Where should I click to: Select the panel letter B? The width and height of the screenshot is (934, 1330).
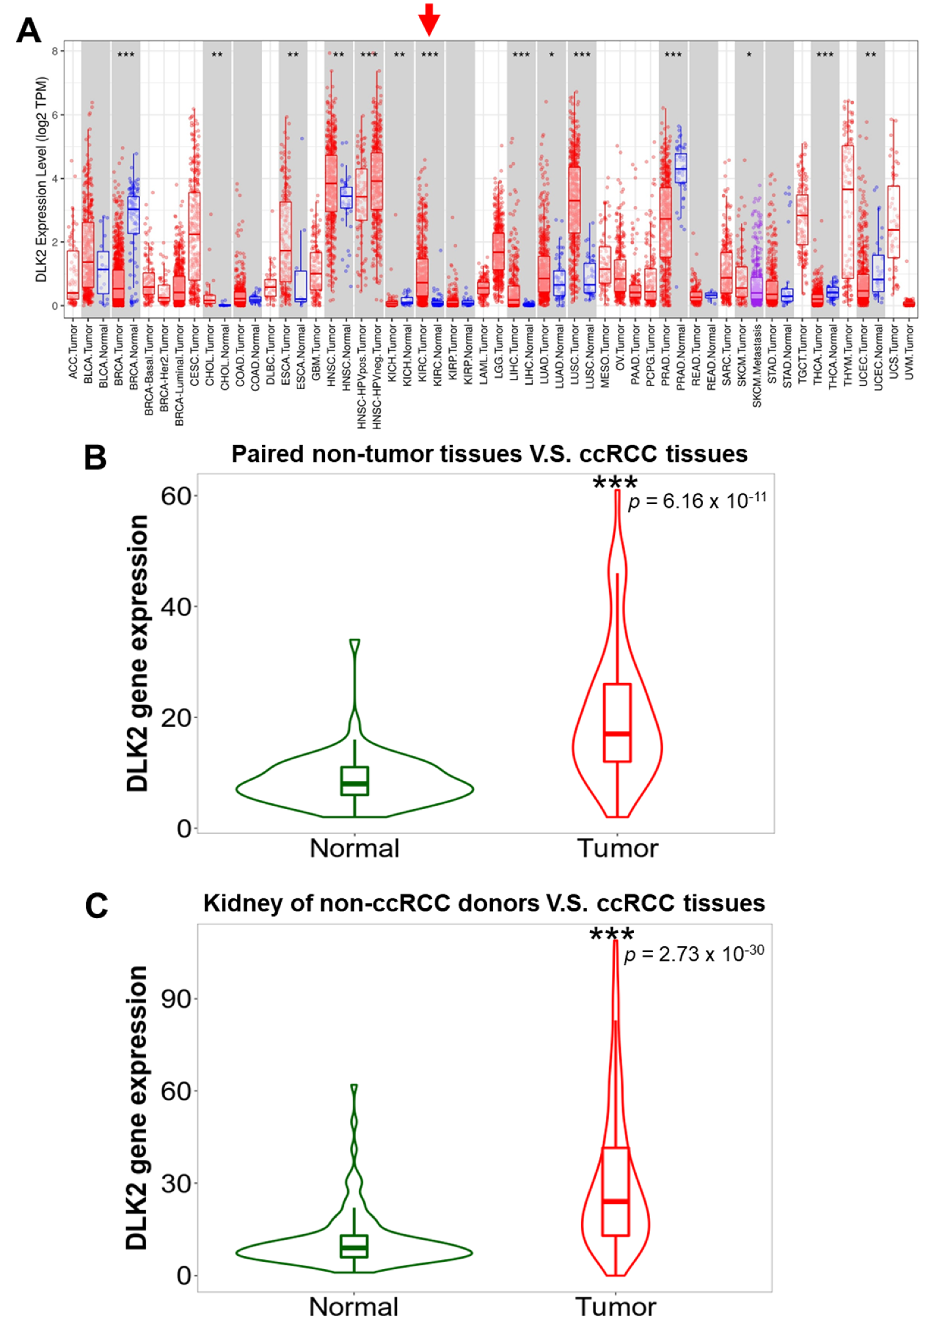click(x=96, y=457)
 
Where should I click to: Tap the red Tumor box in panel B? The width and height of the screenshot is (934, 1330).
click(x=617, y=722)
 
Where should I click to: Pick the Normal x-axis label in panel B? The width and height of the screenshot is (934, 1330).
click(x=354, y=849)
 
